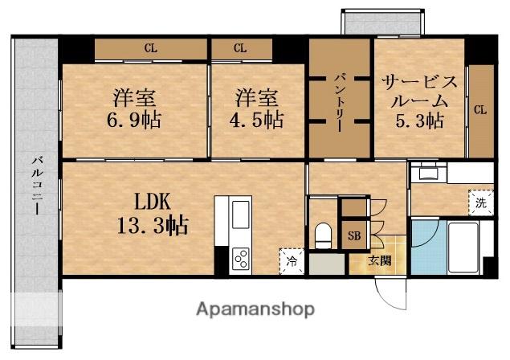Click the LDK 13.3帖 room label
153,214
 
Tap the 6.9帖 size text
133,120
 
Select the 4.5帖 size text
256,120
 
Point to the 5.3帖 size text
419,121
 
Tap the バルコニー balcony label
38,186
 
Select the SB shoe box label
354,235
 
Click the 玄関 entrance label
379,260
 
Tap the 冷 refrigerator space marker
292,260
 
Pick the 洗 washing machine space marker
481,202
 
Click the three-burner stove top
241,259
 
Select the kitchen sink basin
240,215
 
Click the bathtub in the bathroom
463,247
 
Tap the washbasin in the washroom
428,172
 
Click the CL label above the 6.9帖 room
151,48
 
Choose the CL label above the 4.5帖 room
240,48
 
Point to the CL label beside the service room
480,110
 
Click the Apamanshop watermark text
255,309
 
